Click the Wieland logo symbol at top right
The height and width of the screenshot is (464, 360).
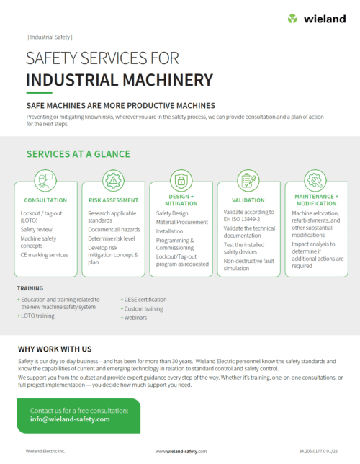(x=292, y=19)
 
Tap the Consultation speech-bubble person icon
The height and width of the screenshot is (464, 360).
(x=45, y=181)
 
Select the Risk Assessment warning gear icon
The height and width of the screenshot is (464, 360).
(x=113, y=181)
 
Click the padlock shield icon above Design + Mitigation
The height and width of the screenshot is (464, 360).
(x=181, y=181)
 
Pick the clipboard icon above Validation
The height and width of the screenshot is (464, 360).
(x=248, y=181)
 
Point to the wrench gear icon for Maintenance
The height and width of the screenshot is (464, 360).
(x=315, y=181)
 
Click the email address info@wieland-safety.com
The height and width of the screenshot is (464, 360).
(x=70, y=419)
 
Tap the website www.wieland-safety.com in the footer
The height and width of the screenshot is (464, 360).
(x=181, y=451)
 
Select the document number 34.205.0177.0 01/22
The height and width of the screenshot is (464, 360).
(x=318, y=451)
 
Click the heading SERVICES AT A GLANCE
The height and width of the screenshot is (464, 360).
(x=78, y=154)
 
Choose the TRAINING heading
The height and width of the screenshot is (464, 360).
(x=30, y=288)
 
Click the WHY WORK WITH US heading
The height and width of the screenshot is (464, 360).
(x=55, y=349)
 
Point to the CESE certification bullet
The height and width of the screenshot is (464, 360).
(x=143, y=300)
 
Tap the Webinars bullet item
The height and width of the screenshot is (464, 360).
(x=134, y=318)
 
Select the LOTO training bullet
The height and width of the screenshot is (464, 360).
(x=36, y=316)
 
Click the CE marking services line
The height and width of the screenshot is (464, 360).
(x=44, y=255)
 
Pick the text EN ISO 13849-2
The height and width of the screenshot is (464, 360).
(x=242, y=219)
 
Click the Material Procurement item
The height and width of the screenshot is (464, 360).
(x=182, y=222)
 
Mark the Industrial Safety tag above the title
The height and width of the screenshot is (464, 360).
(x=50, y=37)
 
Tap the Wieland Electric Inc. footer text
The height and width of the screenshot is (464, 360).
(x=45, y=451)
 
